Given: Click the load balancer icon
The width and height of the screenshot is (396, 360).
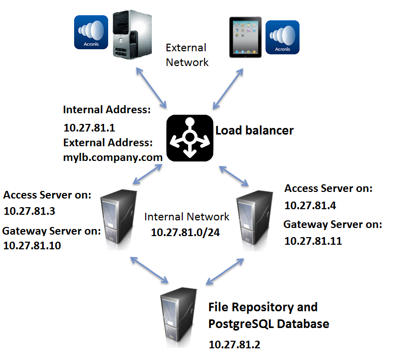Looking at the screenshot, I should [x=189, y=138].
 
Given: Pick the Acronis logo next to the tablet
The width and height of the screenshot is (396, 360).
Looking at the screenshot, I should [x=282, y=37].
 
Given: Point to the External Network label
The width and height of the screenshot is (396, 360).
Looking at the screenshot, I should [x=187, y=55].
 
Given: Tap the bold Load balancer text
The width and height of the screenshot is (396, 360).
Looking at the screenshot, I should [x=254, y=130].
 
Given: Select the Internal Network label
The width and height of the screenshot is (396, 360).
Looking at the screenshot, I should [x=187, y=217].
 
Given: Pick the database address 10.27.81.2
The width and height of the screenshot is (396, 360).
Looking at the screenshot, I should [x=235, y=344].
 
